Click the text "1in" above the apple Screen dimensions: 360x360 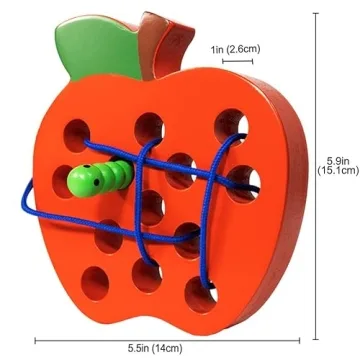(218, 48)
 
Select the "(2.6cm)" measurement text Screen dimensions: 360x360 (246, 48)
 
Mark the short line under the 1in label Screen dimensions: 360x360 (238, 62)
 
